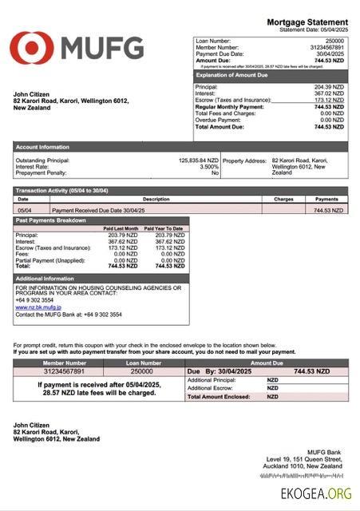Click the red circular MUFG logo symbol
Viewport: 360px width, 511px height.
(31, 48)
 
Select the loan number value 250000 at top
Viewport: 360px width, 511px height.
(335, 40)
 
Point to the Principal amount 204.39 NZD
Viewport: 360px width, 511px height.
(329, 86)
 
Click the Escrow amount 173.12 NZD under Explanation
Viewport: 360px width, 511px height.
(329, 100)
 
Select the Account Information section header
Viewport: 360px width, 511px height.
(42, 147)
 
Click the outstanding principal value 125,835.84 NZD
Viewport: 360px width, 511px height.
(198, 160)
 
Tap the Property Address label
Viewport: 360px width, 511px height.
(244, 160)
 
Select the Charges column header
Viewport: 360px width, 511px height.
(283, 199)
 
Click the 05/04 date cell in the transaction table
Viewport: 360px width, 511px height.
(25, 210)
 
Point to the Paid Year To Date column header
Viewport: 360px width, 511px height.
(167, 229)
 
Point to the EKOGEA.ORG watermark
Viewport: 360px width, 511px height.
(315, 494)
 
